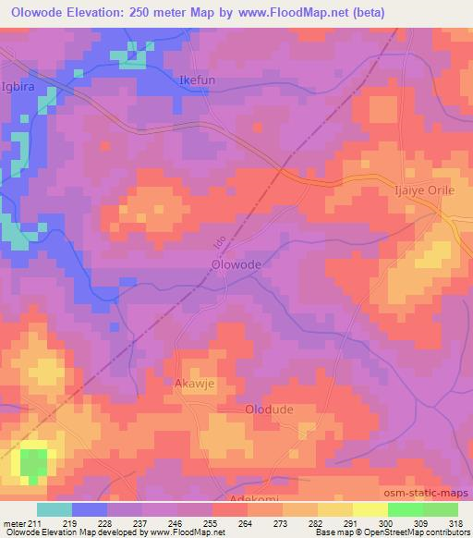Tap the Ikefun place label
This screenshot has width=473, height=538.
click(x=197, y=81)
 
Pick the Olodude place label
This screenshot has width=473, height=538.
click(x=267, y=408)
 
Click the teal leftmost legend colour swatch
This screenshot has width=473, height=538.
click(x=55, y=509)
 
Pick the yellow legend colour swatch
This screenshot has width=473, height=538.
click(x=369, y=509)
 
